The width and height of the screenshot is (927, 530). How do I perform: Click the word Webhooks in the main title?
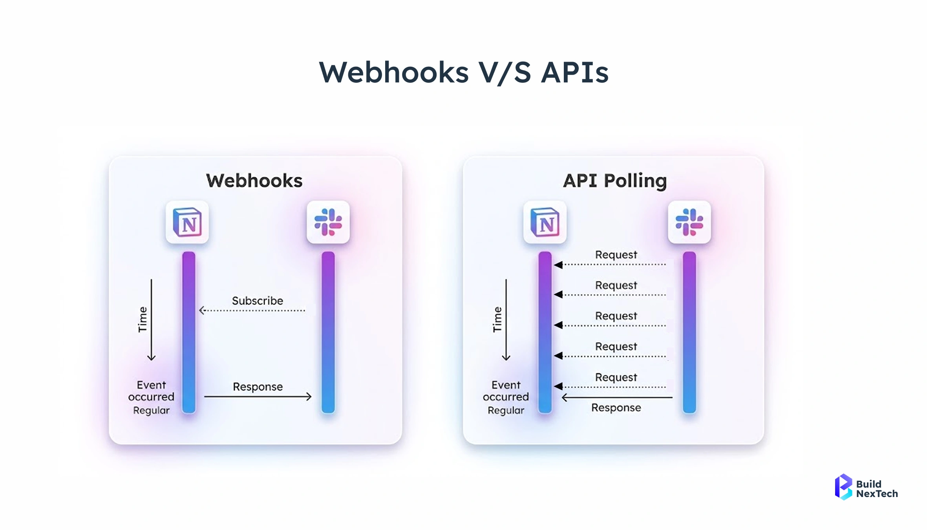click(x=394, y=73)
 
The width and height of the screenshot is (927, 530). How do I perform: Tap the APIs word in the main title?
click(x=575, y=73)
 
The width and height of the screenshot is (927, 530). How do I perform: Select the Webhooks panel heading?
click(x=254, y=181)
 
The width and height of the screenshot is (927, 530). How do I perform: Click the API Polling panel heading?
click(x=615, y=181)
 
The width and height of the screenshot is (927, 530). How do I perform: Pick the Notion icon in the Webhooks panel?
click(x=187, y=222)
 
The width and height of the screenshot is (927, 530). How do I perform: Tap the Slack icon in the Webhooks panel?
click(x=328, y=222)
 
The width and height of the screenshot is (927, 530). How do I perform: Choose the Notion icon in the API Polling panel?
click(x=545, y=222)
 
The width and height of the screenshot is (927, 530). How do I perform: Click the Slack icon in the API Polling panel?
click(x=689, y=222)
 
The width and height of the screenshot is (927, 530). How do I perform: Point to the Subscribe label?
click(x=258, y=301)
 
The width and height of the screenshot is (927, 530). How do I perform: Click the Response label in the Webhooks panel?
click(x=258, y=387)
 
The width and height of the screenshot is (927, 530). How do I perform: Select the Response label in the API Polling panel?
click(x=616, y=408)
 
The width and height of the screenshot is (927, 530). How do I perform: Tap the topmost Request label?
click(x=616, y=255)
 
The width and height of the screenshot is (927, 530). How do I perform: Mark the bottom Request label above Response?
click(x=616, y=377)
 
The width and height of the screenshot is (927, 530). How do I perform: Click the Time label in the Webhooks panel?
click(x=143, y=320)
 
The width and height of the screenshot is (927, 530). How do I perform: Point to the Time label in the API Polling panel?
click(x=497, y=320)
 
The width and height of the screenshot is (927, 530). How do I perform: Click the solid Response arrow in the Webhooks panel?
click(x=258, y=397)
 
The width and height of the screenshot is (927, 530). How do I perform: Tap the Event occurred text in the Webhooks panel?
click(x=151, y=391)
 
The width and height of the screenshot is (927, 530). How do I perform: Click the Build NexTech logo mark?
click(x=843, y=487)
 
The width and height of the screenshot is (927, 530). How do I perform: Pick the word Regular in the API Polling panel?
click(x=506, y=410)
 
